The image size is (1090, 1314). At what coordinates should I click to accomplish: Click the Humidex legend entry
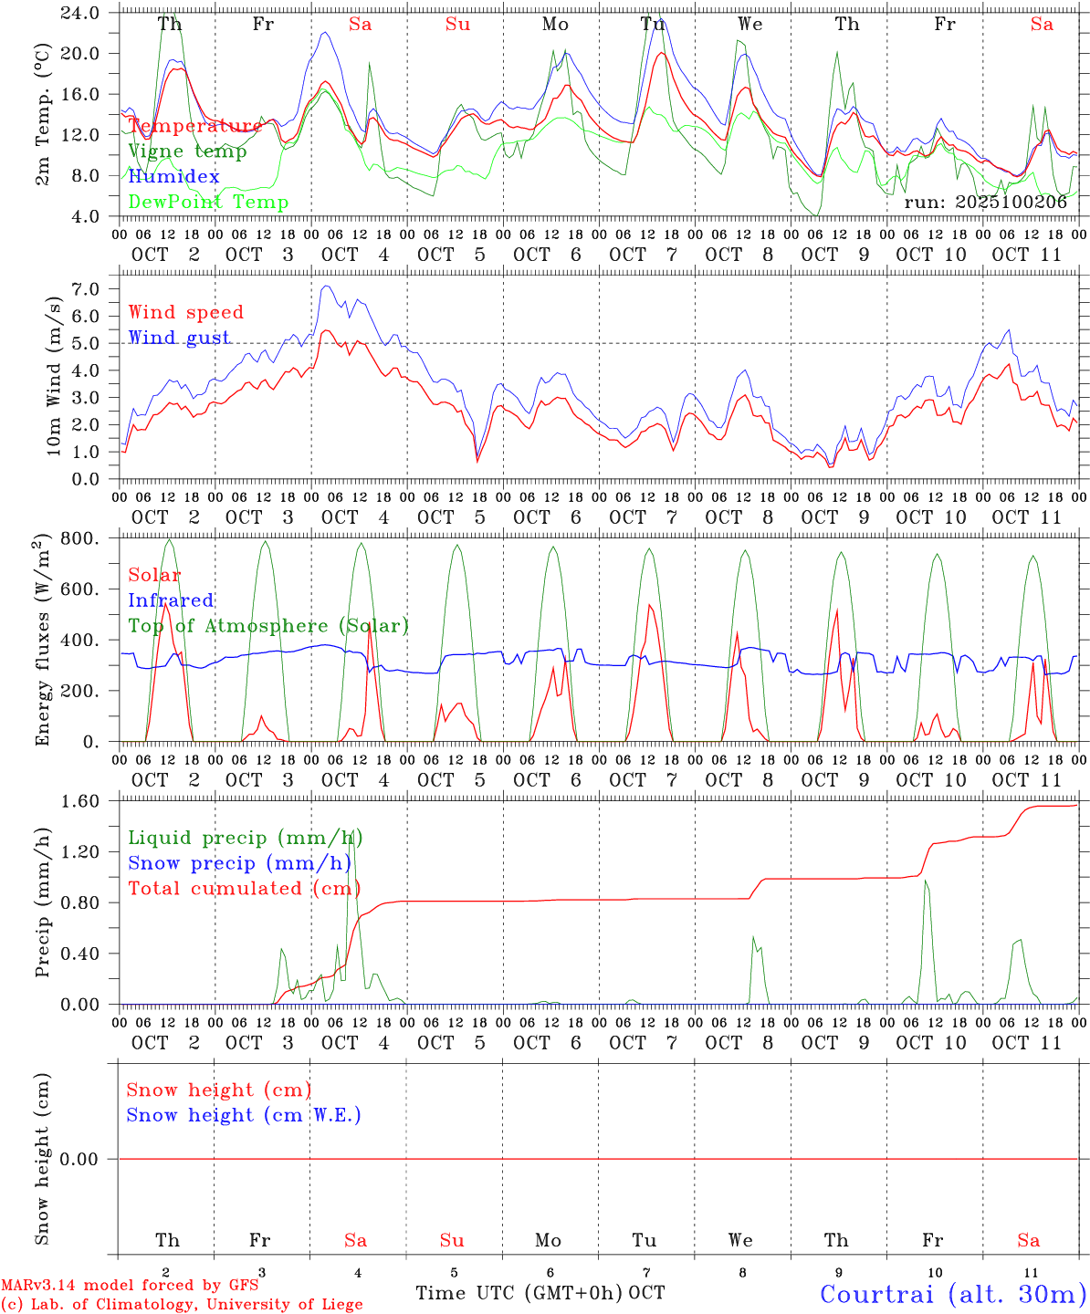pyautogui.click(x=173, y=176)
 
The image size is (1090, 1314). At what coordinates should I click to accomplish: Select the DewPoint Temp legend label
pyautogui.click(x=208, y=202)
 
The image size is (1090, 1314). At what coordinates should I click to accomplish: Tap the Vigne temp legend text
pyautogui.click(x=187, y=151)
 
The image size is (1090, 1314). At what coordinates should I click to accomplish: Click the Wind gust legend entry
pyautogui.click(x=179, y=338)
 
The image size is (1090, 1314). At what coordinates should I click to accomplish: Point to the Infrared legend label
pyautogui.click(x=171, y=600)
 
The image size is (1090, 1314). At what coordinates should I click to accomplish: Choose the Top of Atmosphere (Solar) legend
pyautogui.click(x=267, y=626)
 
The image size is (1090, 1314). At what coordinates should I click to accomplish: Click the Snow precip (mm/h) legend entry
pyautogui.click(x=239, y=863)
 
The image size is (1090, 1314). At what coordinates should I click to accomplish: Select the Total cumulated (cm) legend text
pyautogui.click(x=244, y=889)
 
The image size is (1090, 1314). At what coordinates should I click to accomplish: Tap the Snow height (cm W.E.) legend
pyautogui.click(x=243, y=1115)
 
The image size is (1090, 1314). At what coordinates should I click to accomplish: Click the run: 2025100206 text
pyautogui.click(x=985, y=203)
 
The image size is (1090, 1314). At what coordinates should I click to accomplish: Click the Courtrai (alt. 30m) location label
pyautogui.click(x=952, y=1293)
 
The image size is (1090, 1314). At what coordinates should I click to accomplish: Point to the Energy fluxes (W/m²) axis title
pyautogui.click(x=42, y=641)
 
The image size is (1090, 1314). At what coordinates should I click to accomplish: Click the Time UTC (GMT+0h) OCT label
pyautogui.click(x=540, y=1293)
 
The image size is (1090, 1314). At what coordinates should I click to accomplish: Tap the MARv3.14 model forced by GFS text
pyautogui.click(x=129, y=1285)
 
